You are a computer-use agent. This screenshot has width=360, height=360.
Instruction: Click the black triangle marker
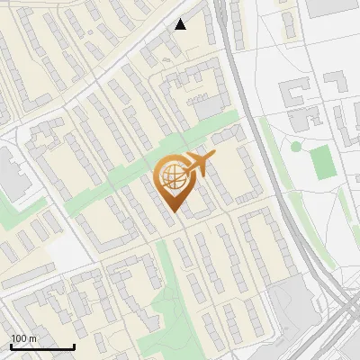(181, 24)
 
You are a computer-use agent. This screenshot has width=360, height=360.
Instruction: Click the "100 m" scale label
(24, 337)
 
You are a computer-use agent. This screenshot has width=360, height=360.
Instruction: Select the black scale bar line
(42, 346)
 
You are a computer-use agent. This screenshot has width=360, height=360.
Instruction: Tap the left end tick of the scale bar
(11, 345)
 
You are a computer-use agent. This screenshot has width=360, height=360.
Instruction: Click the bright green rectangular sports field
(322, 161)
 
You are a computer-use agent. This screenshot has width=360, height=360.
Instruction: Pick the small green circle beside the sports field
(296, 146)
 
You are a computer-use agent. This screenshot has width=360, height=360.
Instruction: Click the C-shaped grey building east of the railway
(293, 94)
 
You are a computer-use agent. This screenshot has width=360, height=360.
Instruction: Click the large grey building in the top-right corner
(333, 7)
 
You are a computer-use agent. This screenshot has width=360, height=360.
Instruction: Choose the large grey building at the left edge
(11, 175)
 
